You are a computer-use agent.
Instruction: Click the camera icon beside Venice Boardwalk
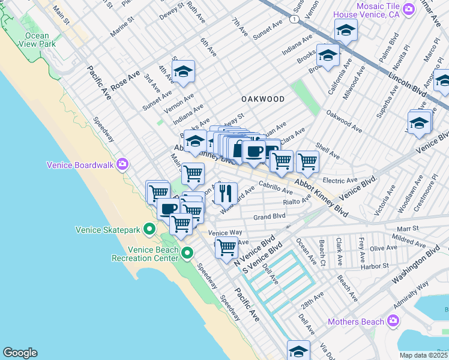(122, 164)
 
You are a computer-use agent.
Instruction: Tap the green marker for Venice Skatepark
(149, 229)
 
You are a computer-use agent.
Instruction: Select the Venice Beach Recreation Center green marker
(188, 253)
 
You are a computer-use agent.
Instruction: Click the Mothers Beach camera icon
(393, 322)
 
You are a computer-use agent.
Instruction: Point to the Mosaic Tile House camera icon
(409, 9)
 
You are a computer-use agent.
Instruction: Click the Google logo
(20, 353)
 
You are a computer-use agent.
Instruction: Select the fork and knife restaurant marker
(225, 193)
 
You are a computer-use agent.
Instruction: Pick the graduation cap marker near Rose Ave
(183, 71)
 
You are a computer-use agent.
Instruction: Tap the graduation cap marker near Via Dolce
(298, 351)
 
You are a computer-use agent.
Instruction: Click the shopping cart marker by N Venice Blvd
(226, 246)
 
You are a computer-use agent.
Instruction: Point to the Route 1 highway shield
(293, 20)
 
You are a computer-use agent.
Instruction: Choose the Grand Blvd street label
(269, 217)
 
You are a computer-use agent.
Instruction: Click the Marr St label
(407, 229)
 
